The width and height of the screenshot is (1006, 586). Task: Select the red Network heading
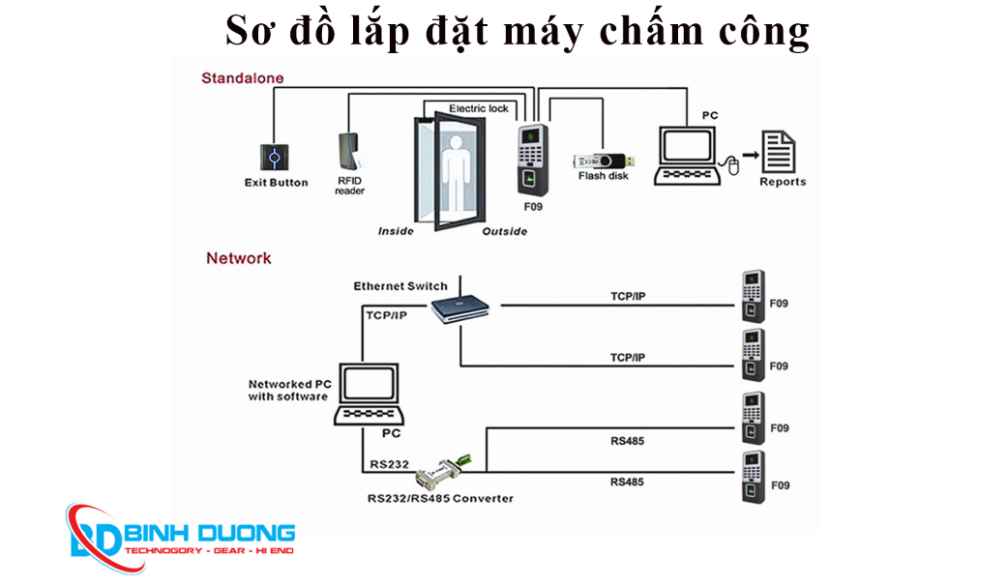(x=238, y=258)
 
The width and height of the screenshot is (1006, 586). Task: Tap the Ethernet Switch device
(x=459, y=308)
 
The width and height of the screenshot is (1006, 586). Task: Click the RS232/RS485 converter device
(x=441, y=472)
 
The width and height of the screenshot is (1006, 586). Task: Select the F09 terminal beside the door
(x=530, y=161)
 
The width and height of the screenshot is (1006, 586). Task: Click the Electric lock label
(x=478, y=108)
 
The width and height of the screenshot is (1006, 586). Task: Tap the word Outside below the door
(x=504, y=231)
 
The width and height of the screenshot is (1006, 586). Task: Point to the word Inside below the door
(x=396, y=231)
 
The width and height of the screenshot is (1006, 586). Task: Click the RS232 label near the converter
(x=388, y=464)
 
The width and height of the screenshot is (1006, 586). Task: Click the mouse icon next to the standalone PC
(x=733, y=166)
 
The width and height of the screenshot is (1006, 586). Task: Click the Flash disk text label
(x=603, y=176)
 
